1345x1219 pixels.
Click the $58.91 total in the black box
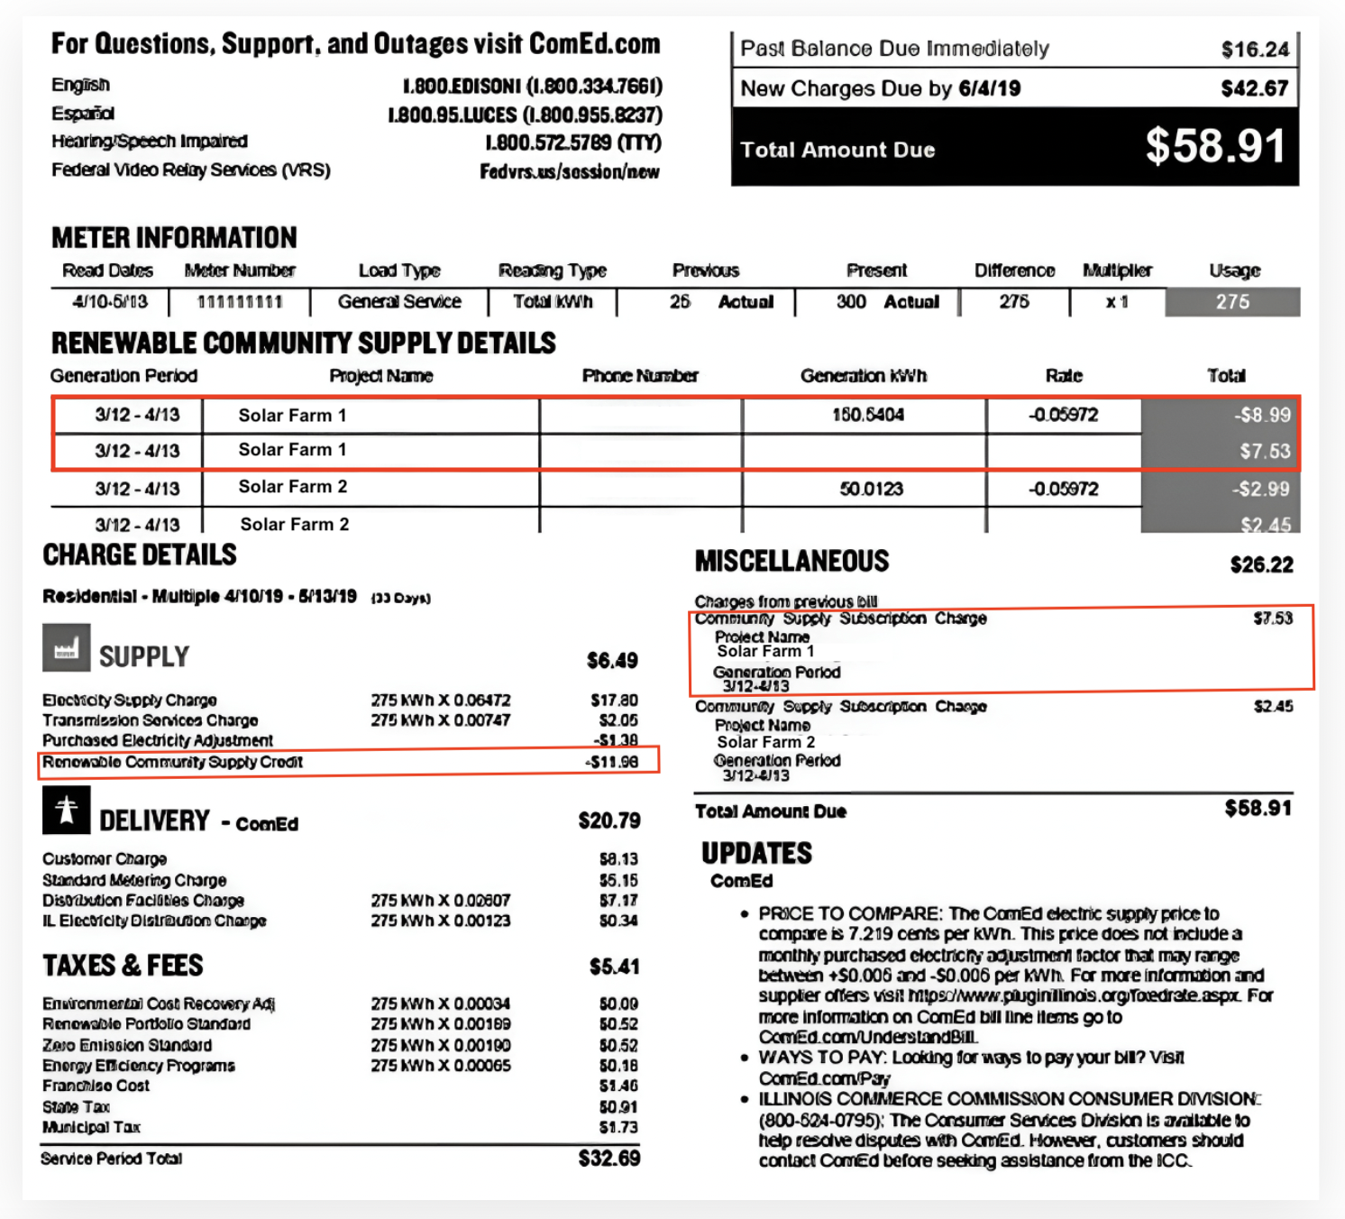tap(1214, 146)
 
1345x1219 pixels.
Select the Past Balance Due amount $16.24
tap(1255, 50)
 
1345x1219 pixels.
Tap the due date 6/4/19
tap(989, 88)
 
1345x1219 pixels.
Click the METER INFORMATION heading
tap(174, 237)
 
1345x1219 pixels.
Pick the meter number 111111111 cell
tap(239, 302)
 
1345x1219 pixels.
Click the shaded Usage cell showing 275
tap(1232, 302)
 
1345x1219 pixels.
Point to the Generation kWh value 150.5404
tap(867, 415)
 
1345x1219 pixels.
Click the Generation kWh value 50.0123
tap(871, 489)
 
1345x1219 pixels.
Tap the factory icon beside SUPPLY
tap(66, 648)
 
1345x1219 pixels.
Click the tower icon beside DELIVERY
tap(66, 810)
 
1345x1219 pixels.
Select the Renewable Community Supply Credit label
tap(172, 762)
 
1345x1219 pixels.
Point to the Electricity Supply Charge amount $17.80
tap(614, 700)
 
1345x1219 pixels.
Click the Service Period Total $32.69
tap(608, 1158)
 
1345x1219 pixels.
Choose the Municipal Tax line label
tap(91, 1127)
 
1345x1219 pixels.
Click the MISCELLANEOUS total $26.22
tap(1261, 565)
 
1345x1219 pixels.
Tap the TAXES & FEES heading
tap(123, 966)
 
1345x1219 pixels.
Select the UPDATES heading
tap(756, 853)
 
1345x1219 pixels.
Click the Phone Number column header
tap(639, 376)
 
